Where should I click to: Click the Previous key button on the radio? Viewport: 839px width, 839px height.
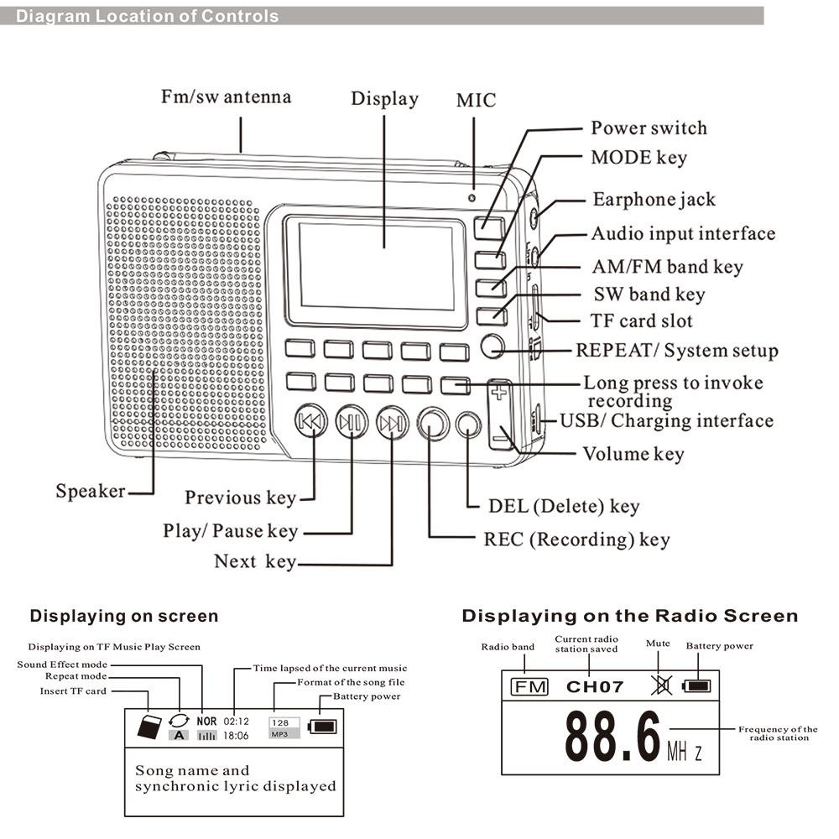tap(310, 424)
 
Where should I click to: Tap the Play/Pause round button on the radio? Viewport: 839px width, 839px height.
tap(352, 424)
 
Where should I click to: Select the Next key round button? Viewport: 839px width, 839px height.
tap(392, 424)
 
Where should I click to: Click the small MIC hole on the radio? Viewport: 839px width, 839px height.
tap(472, 198)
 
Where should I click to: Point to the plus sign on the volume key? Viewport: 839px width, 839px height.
tap(500, 392)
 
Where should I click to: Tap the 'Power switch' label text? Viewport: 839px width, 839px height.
tap(649, 128)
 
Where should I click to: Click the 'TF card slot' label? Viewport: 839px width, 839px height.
tap(631, 321)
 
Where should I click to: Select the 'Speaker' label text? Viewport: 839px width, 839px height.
tap(91, 491)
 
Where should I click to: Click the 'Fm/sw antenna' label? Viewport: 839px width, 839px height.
tap(226, 97)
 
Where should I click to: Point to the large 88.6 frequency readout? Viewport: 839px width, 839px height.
tap(612, 736)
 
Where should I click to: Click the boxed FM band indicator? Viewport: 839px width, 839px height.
tap(529, 687)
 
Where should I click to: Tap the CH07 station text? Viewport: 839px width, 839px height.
tap(595, 687)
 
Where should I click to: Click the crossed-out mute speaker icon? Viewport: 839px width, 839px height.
tap(661, 686)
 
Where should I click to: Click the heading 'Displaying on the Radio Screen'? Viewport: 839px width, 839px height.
tap(629, 617)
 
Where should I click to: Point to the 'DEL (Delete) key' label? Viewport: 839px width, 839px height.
tap(564, 506)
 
